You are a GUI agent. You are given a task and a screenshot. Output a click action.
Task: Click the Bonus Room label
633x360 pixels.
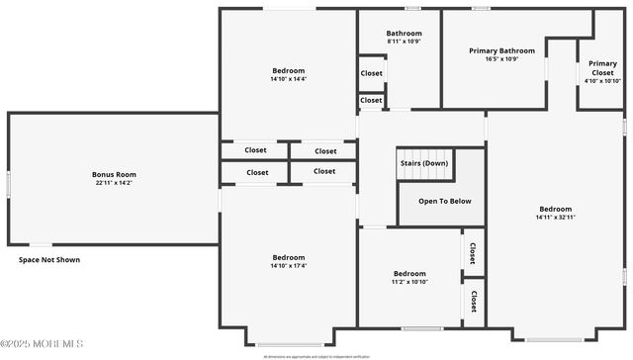pyautogui.click(x=115, y=174)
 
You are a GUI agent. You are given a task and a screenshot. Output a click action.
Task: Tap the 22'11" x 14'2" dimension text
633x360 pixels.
pyautogui.click(x=115, y=183)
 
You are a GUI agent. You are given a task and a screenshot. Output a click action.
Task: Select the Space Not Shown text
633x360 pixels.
pyautogui.click(x=49, y=260)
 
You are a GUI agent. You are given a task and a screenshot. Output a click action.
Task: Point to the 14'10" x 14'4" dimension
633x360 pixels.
pyautogui.click(x=289, y=79)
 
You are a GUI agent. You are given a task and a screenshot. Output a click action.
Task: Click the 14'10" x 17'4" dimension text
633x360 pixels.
pyautogui.click(x=289, y=265)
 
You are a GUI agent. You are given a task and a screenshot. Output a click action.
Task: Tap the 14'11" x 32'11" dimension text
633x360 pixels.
pyautogui.click(x=555, y=217)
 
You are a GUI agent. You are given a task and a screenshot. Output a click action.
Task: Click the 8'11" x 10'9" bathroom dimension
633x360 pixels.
pyautogui.click(x=404, y=42)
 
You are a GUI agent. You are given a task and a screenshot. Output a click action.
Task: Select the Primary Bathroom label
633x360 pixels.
pyautogui.click(x=501, y=50)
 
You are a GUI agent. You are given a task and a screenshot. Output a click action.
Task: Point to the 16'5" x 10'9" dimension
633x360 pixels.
pyautogui.click(x=501, y=59)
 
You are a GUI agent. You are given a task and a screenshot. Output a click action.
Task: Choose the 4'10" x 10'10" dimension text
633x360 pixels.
pyautogui.click(x=602, y=82)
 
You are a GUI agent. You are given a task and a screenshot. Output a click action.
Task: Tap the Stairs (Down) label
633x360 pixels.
pyautogui.click(x=423, y=162)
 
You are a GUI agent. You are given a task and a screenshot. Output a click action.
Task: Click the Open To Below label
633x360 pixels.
pyautogui.click(x=444, y=201)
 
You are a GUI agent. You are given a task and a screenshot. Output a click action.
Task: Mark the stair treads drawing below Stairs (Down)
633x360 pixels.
pyautogui.click(x=423, y=175)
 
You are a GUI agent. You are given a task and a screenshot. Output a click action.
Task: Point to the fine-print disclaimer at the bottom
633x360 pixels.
pyautogui.click(x=316, y=355)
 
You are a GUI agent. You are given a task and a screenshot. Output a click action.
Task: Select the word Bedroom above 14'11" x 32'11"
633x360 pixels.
pyautogui.click(x=555, y=208)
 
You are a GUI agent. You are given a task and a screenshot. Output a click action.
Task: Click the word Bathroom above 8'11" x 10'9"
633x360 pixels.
pyautogui.click(x=404, y=33)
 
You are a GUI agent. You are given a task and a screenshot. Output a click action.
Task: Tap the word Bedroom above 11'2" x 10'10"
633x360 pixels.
pyautogui.click(x=409, y=274)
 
